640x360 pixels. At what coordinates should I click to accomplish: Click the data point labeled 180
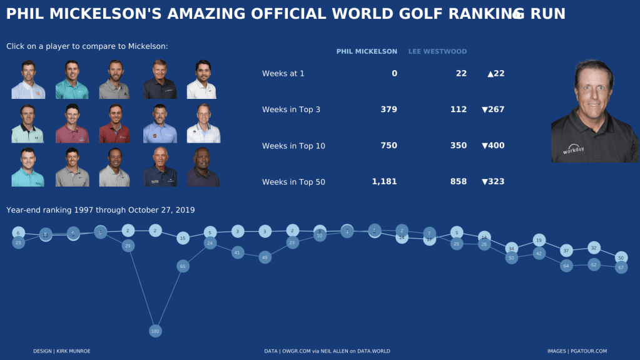pos(155,331)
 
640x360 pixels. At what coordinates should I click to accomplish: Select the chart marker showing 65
pos(183,266)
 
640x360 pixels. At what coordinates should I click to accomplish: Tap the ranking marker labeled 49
pos(265,257)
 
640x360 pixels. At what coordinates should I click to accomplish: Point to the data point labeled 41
pos(237,252)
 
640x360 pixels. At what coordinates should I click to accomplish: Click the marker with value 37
pos(566,251)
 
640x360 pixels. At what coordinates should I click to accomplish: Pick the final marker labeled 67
pos(621,267)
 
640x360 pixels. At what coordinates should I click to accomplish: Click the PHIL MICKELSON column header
pos(367,51)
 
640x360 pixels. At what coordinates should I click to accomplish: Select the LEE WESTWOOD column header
pos(437,51)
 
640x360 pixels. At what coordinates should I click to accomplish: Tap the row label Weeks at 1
pos(283,73)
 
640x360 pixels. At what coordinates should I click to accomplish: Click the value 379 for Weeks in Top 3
pos(389,110)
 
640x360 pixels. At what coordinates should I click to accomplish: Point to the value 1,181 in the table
pos(384,182)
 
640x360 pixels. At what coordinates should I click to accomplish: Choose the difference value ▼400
pos(493,146)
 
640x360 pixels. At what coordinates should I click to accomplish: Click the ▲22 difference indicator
pos(495,73)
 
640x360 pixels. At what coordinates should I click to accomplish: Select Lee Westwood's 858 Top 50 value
pos(458,182)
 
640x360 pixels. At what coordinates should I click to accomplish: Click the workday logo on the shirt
pos(573,150)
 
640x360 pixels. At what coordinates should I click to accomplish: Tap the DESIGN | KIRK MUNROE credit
pos(62,351)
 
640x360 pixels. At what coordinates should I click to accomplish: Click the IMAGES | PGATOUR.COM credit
pos(577,351)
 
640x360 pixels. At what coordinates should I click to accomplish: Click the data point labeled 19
pos(539,240)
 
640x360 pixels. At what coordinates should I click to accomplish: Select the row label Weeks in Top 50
pos(293,182)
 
